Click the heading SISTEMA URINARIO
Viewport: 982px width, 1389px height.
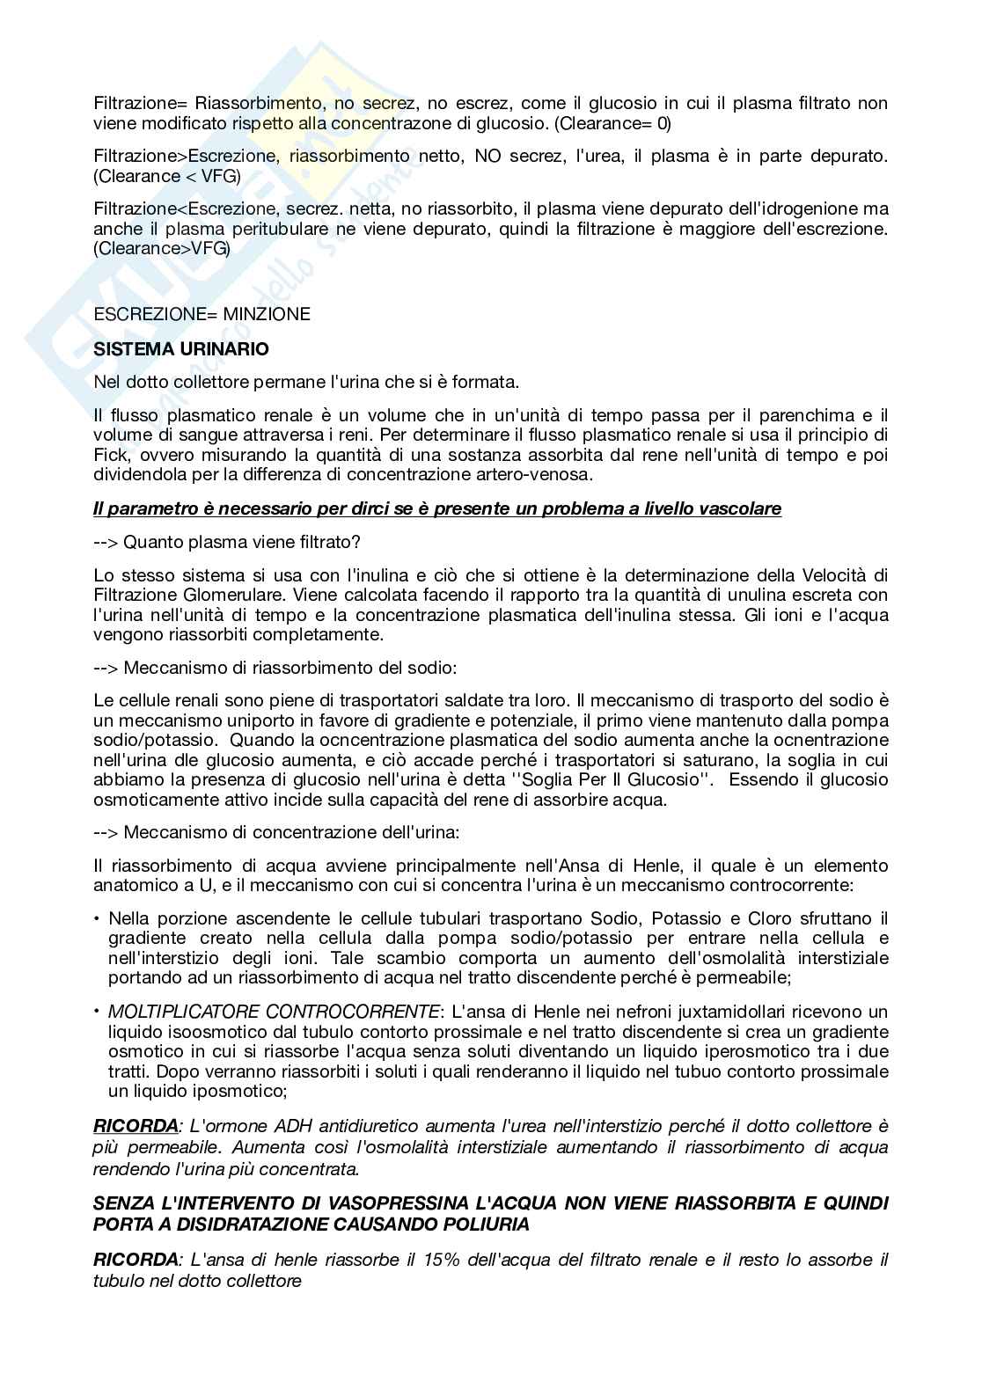click(x=181, y=349)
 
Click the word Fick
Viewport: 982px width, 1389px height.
click(x=110, y=455)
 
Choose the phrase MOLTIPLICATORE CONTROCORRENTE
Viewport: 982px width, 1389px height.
click(x=274, y=1012)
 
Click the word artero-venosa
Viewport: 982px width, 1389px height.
click(x=543, y=475)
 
